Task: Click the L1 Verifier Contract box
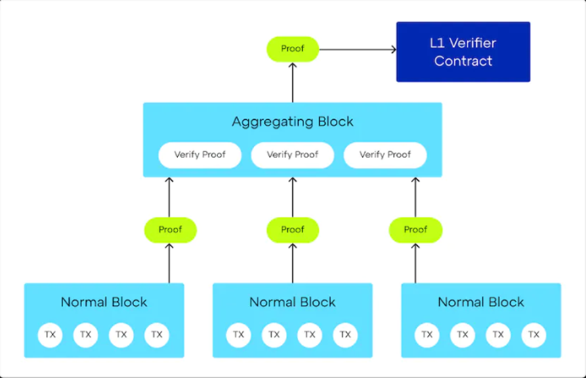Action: click(463, 51)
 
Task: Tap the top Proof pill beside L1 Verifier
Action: click(293, 49)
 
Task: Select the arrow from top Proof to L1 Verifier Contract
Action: click(358, 49)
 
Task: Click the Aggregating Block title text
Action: click(293, 121)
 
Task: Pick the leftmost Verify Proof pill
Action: click(200, 154)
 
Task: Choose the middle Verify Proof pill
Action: click(293, 154)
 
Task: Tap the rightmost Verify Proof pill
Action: click(385, 154)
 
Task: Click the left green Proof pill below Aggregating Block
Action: click(171, 230)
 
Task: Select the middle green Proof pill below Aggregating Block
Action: click(293, 230)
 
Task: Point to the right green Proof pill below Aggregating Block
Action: click(415, 230)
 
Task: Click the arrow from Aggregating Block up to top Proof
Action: click(293, 82)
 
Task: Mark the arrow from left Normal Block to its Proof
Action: click(169, 264)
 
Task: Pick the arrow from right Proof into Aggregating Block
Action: click(415, 197)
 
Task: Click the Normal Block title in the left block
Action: click(104, 302)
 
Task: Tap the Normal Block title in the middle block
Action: click(293, 302)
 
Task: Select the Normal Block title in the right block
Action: click(481, 302)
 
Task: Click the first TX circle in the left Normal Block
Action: click(50, 335)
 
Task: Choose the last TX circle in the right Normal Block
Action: click(534, 335)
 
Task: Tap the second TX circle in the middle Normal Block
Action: click(274, 335)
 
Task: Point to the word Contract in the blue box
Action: click(463, 61)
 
